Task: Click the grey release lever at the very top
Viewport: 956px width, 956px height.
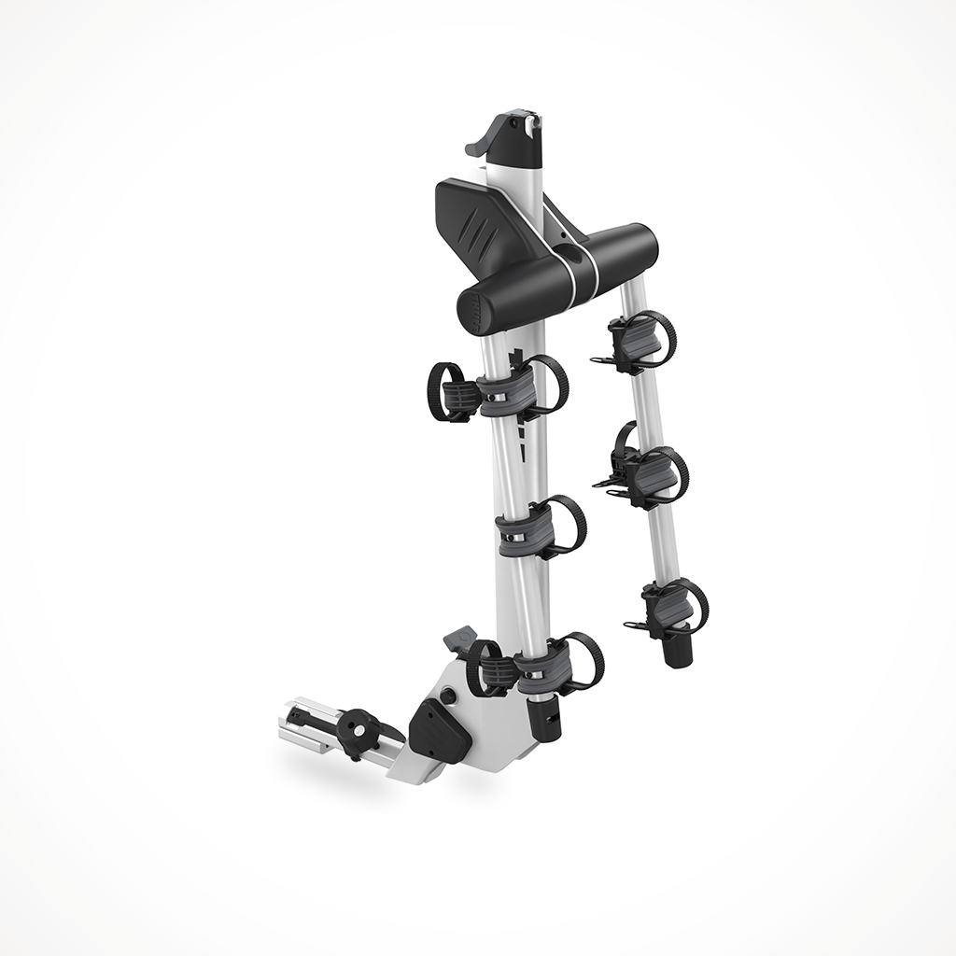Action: coord(480,139)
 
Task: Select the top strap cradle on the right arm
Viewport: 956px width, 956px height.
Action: coord(634,340)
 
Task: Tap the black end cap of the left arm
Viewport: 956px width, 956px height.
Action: coord(542,719)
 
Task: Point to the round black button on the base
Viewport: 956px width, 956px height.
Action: coord(449,696)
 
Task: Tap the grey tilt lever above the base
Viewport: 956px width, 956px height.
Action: coord(458,639)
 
